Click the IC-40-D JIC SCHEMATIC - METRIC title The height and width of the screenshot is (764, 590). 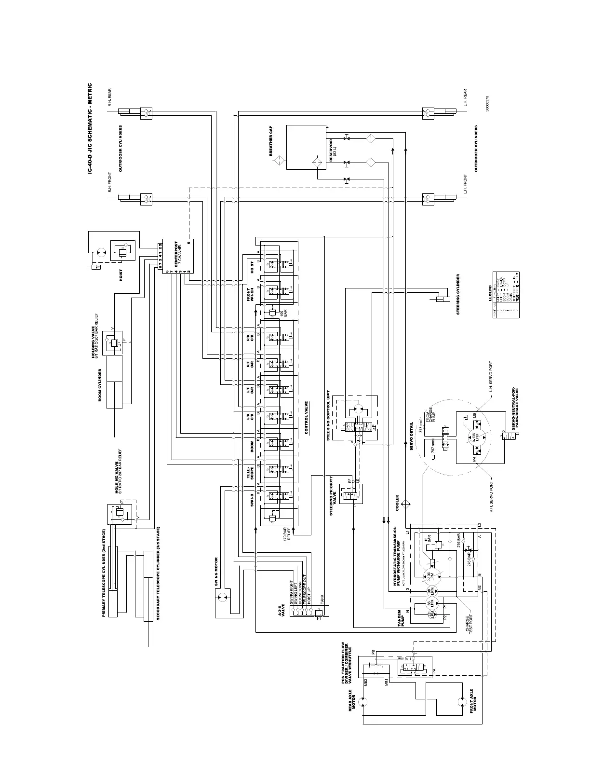(x=90, y=130)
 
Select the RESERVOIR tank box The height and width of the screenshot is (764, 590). (x=306, y=147)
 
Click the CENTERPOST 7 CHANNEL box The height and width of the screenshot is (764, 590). (x=177, y=256)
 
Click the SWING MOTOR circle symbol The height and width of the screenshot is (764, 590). (x=222, y=599)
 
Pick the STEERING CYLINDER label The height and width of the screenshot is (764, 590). (x=458, y=294)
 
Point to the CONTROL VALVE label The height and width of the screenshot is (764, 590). (x=306, y=417)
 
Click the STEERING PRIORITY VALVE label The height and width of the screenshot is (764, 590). (x=333, y=495)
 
